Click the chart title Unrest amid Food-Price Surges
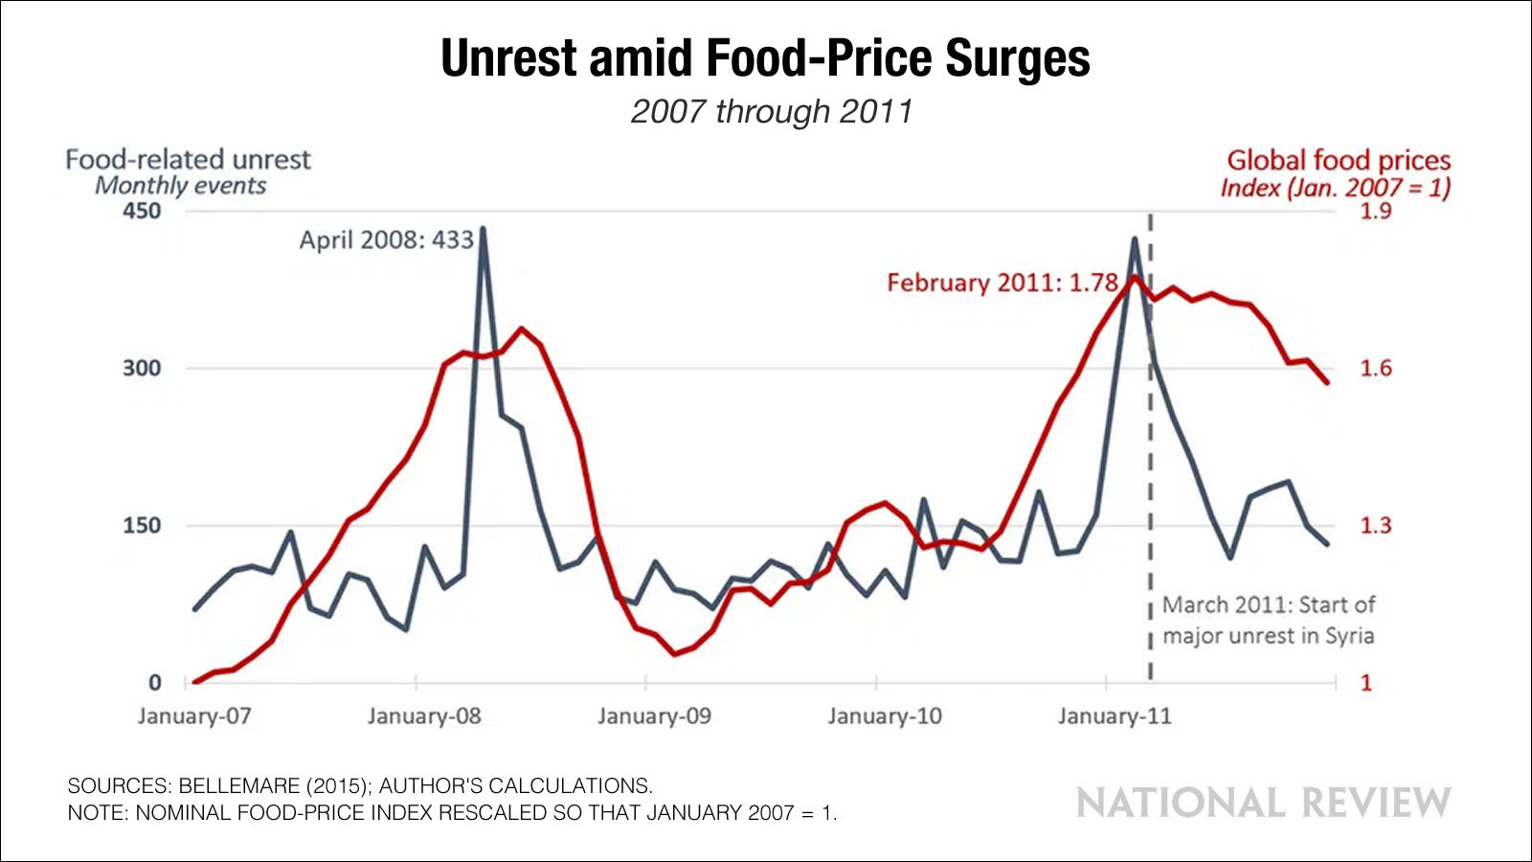(765, 58)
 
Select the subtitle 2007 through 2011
(771, 112)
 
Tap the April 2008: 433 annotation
(386, 239)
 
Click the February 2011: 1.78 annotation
(1002, 284)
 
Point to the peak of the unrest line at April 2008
(483, 229)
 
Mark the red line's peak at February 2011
(1135, 277)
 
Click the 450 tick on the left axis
(142, 211)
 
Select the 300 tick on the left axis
(142, 368)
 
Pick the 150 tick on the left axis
(142, 526)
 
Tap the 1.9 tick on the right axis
(1376, 211)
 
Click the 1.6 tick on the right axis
(1376, 369)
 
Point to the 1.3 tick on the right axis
(1376, 526)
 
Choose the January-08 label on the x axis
(424, 716)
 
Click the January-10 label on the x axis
(885, 716)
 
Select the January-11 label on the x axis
(1115, 716)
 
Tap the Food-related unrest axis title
(188, 159)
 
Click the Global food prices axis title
(1339, 160)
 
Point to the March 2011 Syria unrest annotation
(1268, 621)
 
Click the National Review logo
(1263, 803)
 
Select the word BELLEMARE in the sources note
(239, 786)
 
